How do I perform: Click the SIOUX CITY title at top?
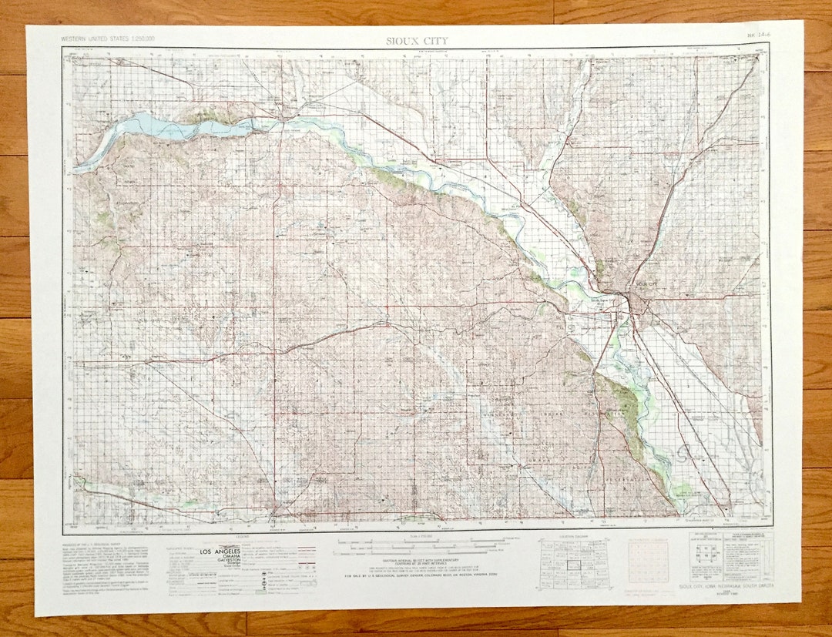pyautogui.click(x=416, y=41)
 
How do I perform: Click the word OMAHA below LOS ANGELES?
pyautogui.click(x=221, y=560)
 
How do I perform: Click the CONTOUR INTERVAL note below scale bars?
pyautogui.click(x=417, y=562)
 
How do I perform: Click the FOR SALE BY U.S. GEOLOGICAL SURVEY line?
pyautogui.click(x=417, y=575)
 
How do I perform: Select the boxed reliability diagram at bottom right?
pyautogui.click(x=728, y=551)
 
